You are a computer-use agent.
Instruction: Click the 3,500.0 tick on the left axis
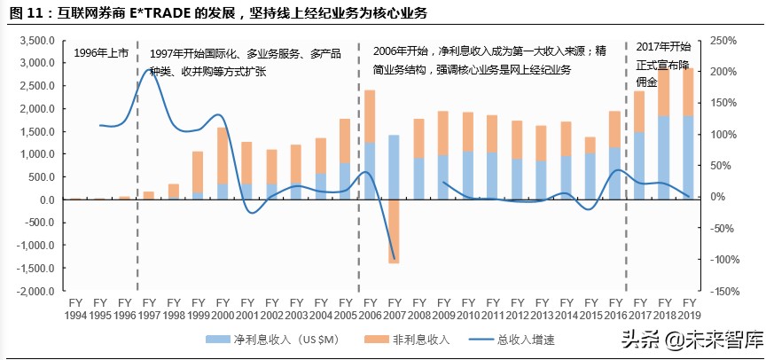[38, 41]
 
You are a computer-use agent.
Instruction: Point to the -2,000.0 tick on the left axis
[36, 291]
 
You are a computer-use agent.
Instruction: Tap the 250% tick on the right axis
[724, 41]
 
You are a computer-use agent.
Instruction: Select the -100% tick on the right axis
[725, 260]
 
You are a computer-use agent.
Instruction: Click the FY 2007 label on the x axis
[393, 309]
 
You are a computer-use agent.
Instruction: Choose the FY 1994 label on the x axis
[75, 309]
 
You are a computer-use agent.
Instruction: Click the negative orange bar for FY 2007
[394, 231]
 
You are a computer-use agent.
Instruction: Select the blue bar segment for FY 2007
[394, 168]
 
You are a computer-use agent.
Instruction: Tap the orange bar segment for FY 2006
[370, 116]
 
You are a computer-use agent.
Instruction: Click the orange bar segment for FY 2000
[223, 155]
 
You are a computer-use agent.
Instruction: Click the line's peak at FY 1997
[151, 68]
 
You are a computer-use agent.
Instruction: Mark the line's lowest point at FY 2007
[394, 259]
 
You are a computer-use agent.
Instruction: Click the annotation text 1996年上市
[100, 53]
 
